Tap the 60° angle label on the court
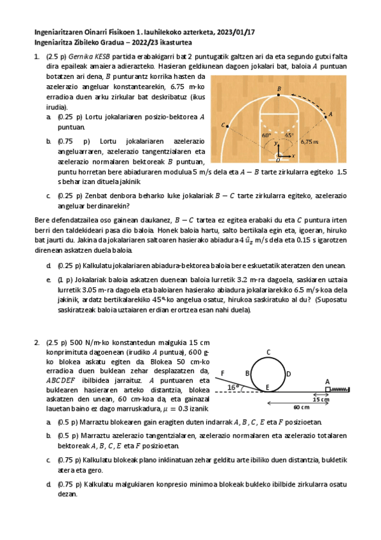point(267,136)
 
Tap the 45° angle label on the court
point(288,136)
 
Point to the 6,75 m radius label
point(310,142)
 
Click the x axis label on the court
point(293,155)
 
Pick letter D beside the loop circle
point(288,374)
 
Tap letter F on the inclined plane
point(222,373)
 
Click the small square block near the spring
point(328,388)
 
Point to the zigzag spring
point(340,388)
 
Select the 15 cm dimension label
point(321,399)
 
